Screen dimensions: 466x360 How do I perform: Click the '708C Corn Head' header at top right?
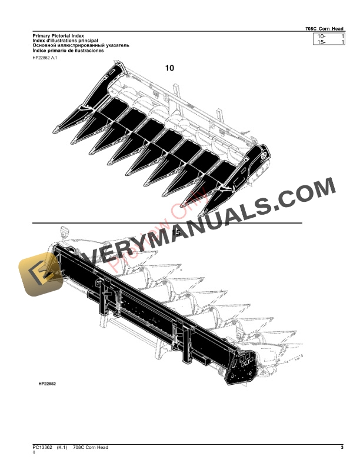(324, 28)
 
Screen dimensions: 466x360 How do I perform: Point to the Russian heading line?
(81, 46)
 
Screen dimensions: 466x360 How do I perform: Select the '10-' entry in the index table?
(321, 37)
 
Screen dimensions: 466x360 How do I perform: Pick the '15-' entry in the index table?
(321, 43)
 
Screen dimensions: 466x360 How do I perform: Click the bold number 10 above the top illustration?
(169, 68)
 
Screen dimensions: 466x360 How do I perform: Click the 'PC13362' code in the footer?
(44, 448)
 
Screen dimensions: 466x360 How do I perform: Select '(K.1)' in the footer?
(64, 448)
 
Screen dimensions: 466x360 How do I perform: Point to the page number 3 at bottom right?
(342, 448)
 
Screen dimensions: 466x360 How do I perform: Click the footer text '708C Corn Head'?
(91, 448)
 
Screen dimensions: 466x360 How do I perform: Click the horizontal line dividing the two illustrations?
(168, 224)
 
